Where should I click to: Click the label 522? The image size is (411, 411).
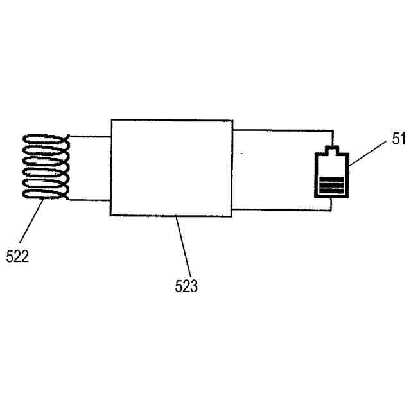click(17, 256)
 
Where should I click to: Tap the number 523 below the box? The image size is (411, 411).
click(186, 286)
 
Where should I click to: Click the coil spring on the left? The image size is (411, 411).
click(46, 167)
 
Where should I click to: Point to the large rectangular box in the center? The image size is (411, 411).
click(171, 168)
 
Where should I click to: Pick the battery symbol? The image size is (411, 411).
click(331, 174)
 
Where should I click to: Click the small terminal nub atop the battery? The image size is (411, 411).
click(331, 150)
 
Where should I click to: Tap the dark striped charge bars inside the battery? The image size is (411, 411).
click(331, 186)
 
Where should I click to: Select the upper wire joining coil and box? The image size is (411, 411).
click(90, 136)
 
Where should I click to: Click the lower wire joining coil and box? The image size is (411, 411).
click(90, 200)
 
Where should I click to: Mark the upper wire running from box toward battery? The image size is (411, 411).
click(283, 130)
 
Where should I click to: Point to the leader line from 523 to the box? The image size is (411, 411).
click(182, 247)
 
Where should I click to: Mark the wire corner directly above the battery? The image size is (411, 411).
click(332, 131)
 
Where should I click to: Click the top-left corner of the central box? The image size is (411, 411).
click(111, 120)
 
